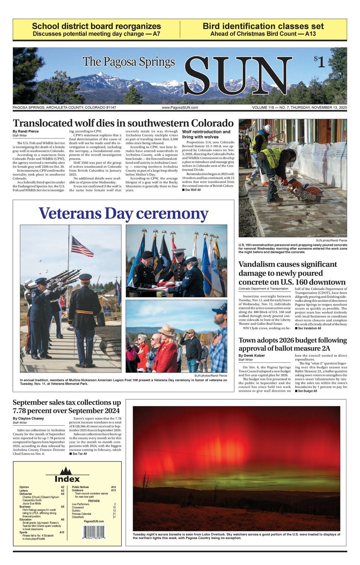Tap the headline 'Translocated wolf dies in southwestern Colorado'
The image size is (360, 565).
click(x=123, y=123)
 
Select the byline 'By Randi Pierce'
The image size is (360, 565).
click(x=26, y=131)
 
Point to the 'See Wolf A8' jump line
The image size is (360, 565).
click(x=193, y=190)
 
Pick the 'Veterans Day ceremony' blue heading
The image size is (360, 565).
click(x=123, y=213)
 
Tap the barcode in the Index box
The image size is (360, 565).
click(x=94, y=533)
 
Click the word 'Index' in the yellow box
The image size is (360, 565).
click(x=67, y=479)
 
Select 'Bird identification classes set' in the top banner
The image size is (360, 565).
click(x=263, y=26)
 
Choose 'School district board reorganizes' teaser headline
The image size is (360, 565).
click(x=97, y=26)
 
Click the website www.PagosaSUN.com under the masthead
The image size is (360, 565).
click(x=180, y=108)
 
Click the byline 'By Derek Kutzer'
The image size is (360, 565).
click(x=251, y=356)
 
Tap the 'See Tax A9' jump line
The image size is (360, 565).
click(x=79, y=454)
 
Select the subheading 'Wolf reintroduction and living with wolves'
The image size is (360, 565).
click(x=206, y=134)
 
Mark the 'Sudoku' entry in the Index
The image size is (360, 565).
click(x=78, y=511)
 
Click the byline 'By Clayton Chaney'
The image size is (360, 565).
click(x=28, y=418)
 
